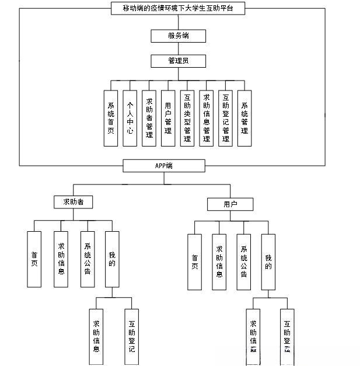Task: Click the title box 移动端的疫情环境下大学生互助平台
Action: point(177,8)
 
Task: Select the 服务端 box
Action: point(178,36)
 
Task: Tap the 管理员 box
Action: point(178,61)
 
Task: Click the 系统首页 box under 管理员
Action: point(110,118)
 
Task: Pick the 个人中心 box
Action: point(130,118)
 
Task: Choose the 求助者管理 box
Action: point(149,118)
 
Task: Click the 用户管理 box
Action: point(168,118)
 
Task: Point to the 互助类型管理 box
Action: point(187,118)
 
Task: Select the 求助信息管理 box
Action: point(206,118)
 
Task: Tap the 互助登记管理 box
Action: point(225,118)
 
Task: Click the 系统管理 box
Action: point(244,118)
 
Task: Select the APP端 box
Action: point(164,166)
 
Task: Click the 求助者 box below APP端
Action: point(73,202)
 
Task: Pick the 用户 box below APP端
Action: point(230,204)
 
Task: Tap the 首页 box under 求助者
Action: point(34,259)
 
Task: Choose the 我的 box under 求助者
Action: point(112,259)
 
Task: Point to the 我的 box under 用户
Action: point(268,262)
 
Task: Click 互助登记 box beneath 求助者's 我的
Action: point(131,336)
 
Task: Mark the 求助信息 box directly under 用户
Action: point(219,262)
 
